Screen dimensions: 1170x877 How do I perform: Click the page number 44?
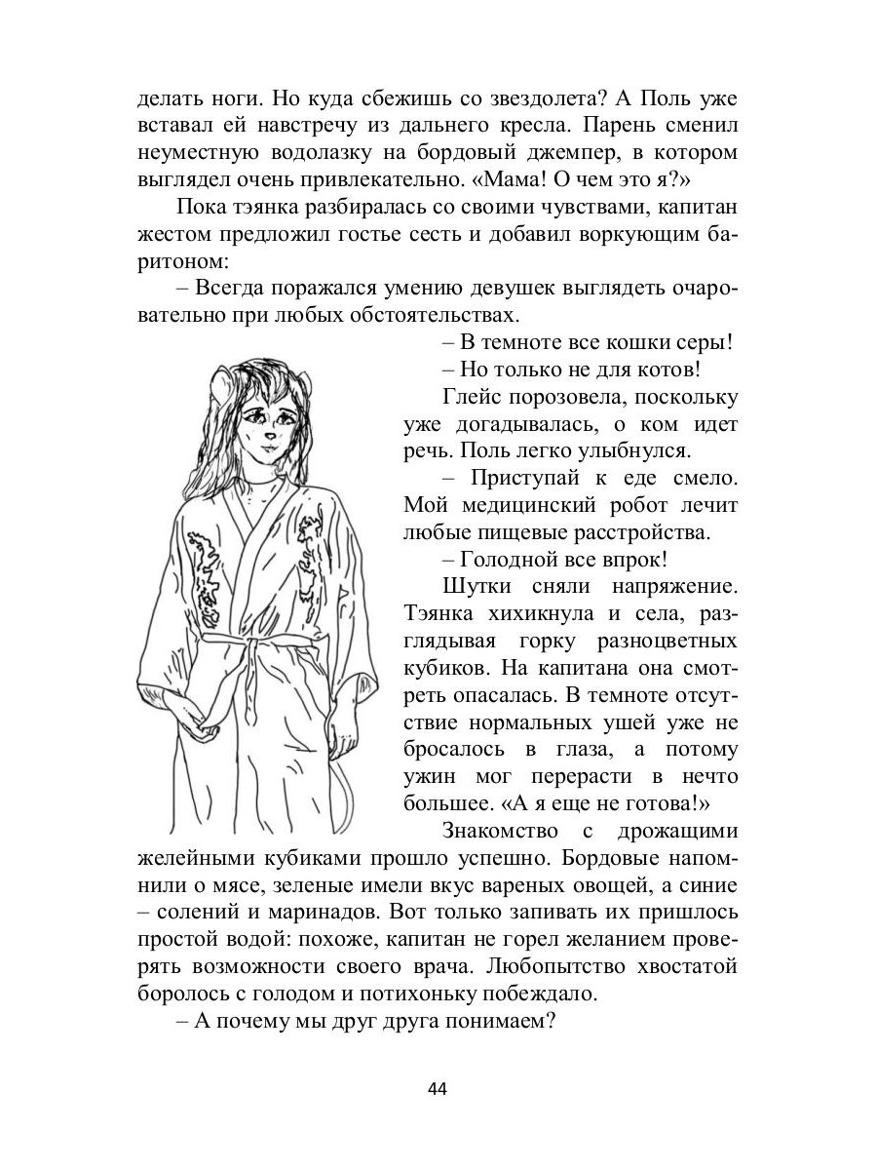coord(438,1089)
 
